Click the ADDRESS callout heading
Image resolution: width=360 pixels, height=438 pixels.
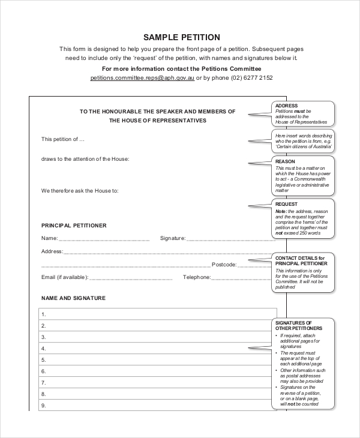(286, 106)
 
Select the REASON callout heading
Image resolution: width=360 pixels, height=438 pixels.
(285, 161)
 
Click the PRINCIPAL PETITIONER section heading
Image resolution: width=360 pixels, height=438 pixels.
(74, 226)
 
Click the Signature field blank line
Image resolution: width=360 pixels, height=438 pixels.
(228, 239)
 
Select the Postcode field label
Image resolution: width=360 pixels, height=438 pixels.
(224, 265)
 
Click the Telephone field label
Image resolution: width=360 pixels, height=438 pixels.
(197, 277)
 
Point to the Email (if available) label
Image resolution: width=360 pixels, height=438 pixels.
(65, 277)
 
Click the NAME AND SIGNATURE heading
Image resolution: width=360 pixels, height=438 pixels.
(73, 298)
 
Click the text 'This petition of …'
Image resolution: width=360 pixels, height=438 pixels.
(63, 139)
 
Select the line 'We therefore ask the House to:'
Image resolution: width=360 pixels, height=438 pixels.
(80, 191)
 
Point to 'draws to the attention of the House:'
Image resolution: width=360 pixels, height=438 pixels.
(85, 159)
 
